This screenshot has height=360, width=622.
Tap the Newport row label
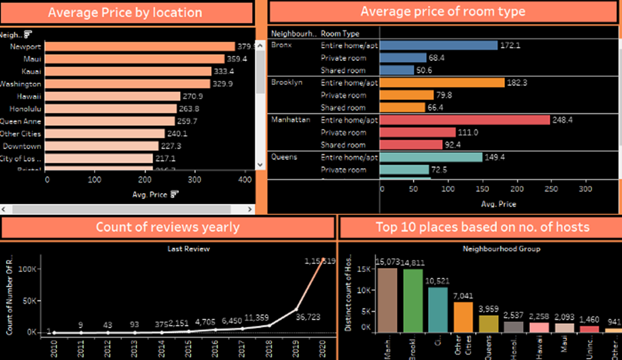pos(26,46)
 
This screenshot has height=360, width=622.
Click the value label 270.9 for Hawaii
pos(192,96)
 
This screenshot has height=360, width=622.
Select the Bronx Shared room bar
pos(397,70)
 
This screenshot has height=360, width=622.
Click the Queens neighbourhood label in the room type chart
pos(285,157)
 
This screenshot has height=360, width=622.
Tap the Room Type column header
pos(340,33)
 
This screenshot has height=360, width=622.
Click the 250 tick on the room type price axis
pos(551,189)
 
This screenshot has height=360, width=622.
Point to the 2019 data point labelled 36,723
pos(296,309)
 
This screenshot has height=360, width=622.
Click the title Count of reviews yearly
pos(167,228)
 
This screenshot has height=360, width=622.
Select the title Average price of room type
pos(443,12)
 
